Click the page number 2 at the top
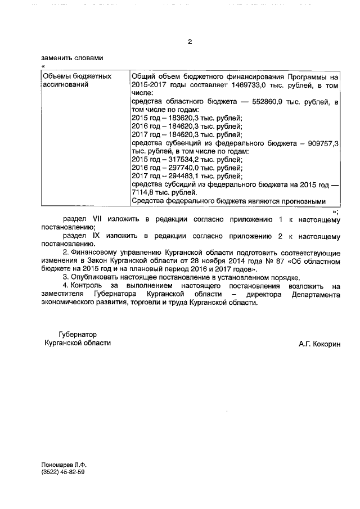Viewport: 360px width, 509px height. pos(190,42)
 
